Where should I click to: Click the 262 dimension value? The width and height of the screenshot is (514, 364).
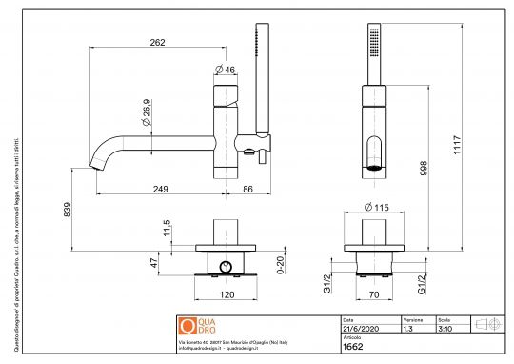[x=159, y=41]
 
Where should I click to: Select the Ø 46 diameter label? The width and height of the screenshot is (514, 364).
[x=226, y=69]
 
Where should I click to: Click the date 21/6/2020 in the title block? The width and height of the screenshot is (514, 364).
[x=359, y=328]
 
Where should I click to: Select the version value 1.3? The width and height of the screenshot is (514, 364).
[x=407, y=328]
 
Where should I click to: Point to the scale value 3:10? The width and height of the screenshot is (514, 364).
[x=444, y=328]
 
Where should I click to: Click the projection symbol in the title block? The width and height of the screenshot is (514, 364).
[x=486, y=324]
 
